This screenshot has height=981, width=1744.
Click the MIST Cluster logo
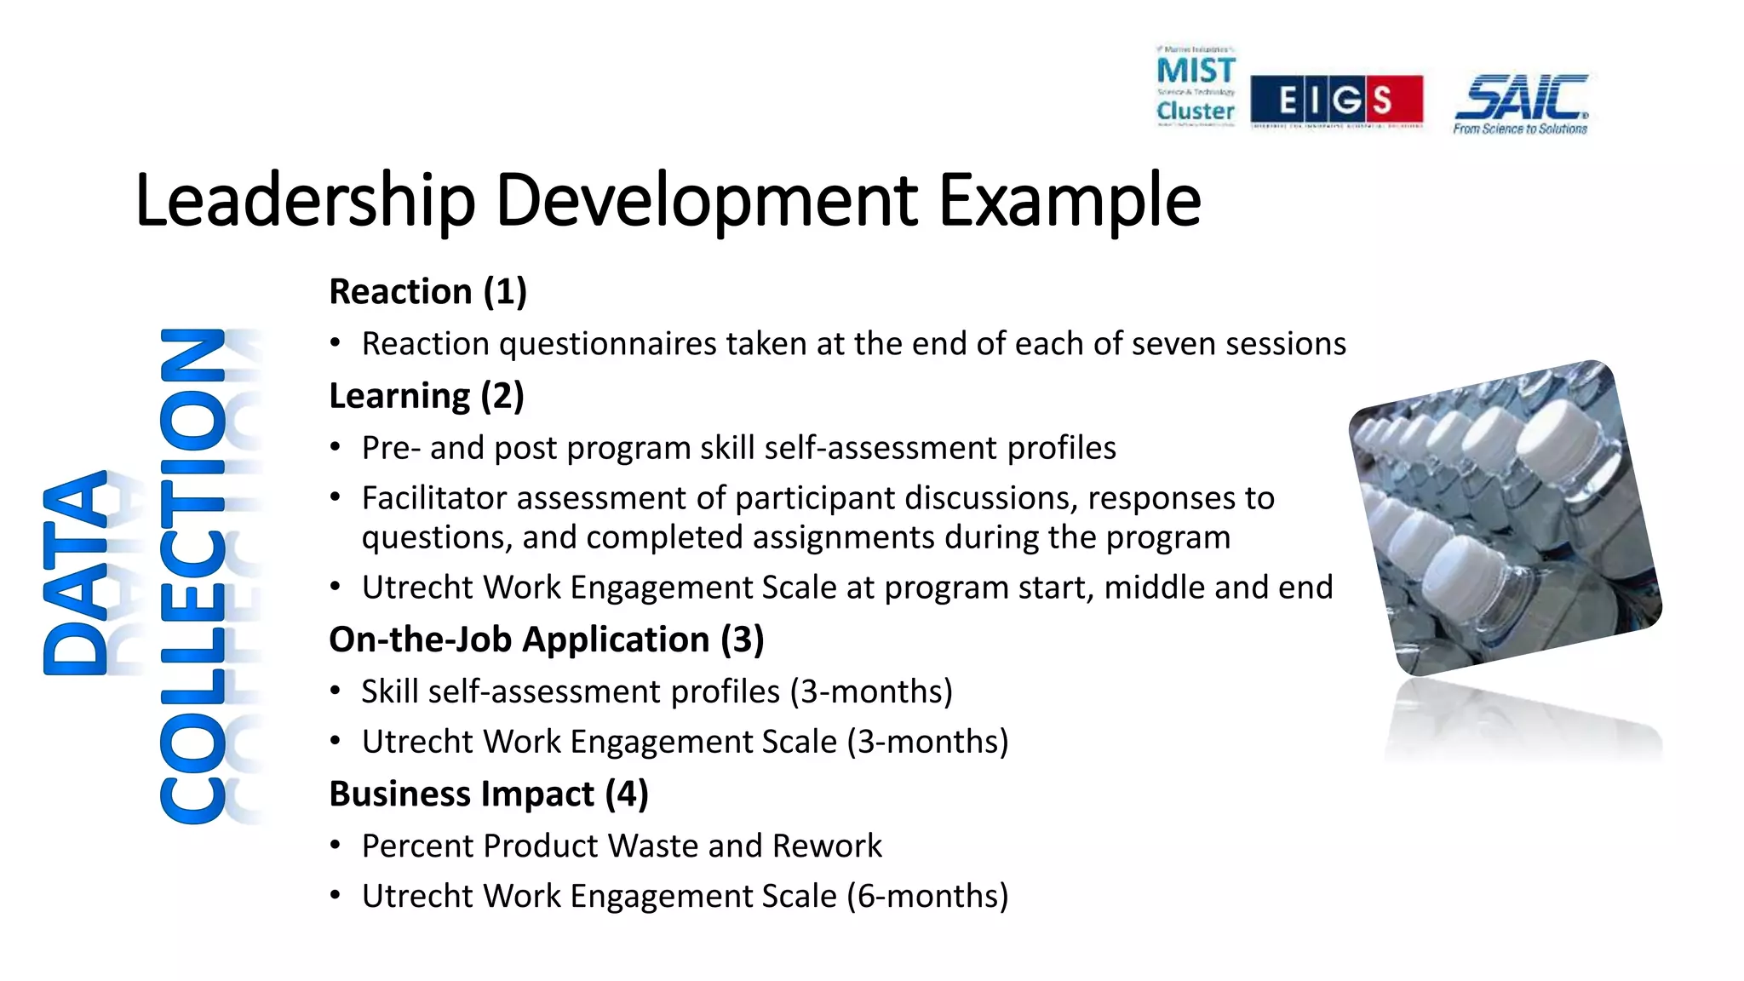pos(1196,87)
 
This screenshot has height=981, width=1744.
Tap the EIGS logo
pos(1336,100)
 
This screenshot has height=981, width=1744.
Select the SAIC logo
pos(1521,103)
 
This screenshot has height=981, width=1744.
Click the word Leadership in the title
pos(304,201)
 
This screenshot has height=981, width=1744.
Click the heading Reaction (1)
pos(428,292)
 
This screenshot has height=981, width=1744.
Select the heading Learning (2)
pos(427,396)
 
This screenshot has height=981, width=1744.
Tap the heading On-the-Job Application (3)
pos(547,640)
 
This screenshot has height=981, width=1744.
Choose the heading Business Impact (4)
pos(489,794)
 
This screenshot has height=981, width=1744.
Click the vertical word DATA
pos(77,573)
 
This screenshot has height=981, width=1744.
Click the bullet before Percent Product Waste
pos(336,846)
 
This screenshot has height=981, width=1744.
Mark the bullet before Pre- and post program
pos(336,448)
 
